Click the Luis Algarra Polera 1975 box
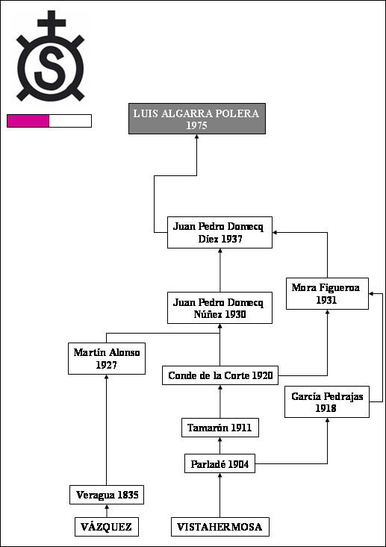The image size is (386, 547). (x=197, y=119)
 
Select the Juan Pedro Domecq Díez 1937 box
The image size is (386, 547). (x=220, y=232)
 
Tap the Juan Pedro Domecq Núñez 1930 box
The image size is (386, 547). (x=220, y=307)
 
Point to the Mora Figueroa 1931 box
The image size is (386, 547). (x=327, y=294)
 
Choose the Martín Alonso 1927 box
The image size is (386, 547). (x=107, y=359)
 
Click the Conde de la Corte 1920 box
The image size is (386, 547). (x=220, y=375)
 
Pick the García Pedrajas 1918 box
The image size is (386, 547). (x=327, y=402)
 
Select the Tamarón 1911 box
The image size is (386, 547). (x=220, y=428)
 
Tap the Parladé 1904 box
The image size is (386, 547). (x=220, y=463)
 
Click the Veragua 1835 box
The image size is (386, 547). (x=107, y=495)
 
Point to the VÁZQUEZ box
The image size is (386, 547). (x=107, y=527)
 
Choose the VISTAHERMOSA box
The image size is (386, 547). (x=220, y=527)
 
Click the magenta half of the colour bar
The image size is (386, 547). (x=28, y=121)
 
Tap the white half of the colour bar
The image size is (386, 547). (x=70, y=121)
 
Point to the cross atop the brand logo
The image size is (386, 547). (x=52, y=23)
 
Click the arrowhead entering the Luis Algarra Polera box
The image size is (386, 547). (x=197, y=137)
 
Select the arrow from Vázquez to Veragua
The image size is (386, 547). (x=107, y=510)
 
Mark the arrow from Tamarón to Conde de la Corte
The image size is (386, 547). (x=220, y=401)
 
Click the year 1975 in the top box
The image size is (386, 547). (x=197, y=125)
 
